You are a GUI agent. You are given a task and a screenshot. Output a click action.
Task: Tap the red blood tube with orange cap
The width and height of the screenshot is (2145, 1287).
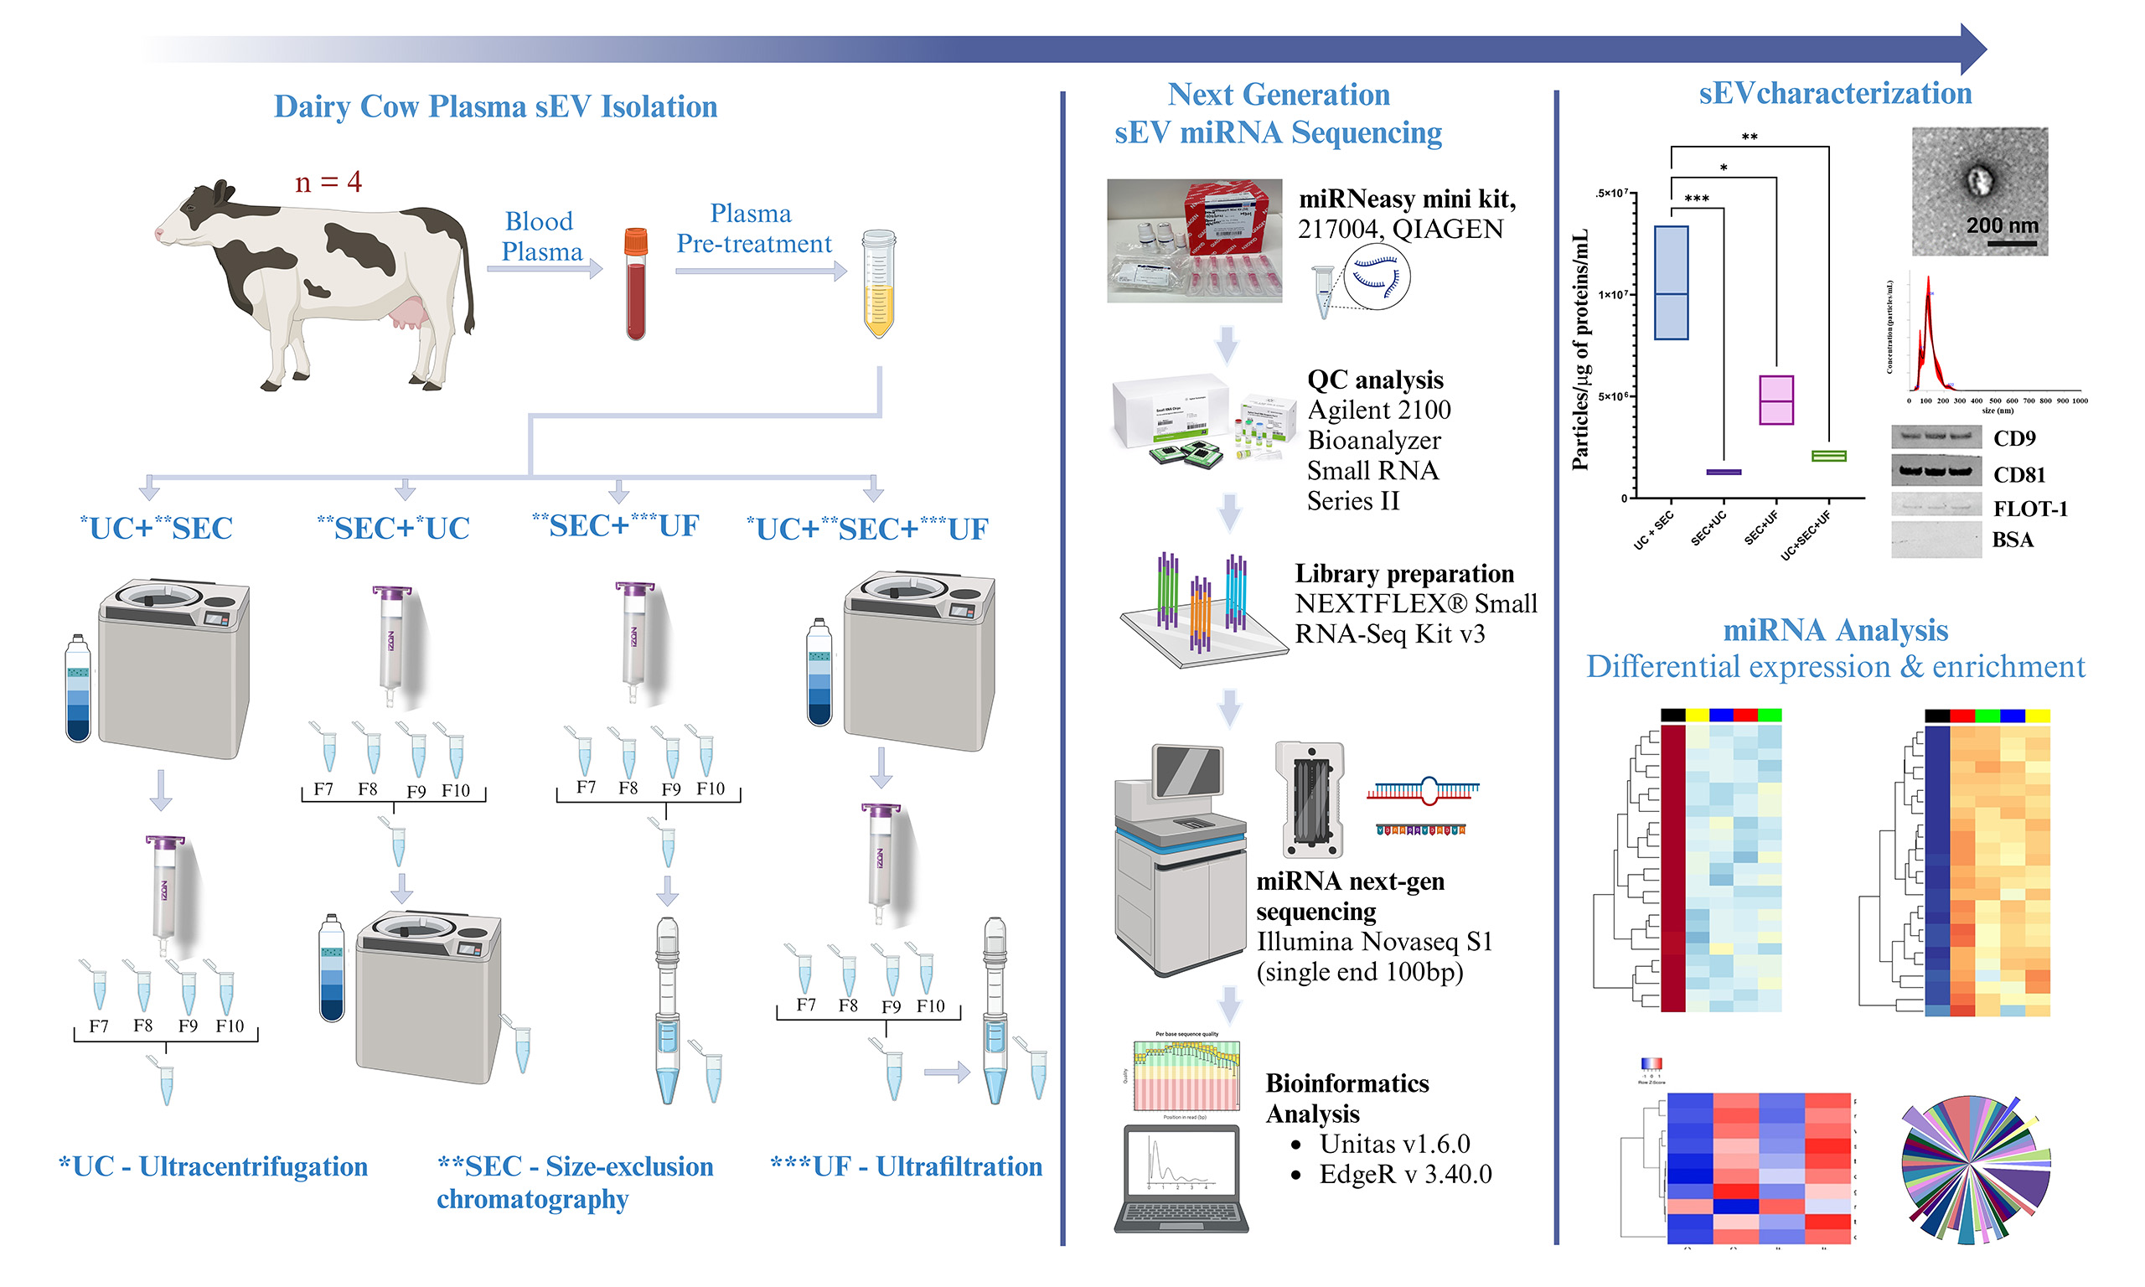click(x=635, y=287)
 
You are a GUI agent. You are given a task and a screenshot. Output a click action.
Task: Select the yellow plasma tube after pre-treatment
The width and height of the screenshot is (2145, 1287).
click(x=878, y=287)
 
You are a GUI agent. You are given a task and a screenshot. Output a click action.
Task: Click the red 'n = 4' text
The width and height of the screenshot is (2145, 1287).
click(x=328, y=182)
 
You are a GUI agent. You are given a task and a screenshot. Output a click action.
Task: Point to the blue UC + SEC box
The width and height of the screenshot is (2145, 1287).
click(x=1670, y=282)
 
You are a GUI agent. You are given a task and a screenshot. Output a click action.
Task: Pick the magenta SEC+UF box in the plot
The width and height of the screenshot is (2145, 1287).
click(x=1775, y=400)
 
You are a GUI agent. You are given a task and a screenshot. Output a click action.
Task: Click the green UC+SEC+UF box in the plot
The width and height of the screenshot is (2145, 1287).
click(x=1827, y=456)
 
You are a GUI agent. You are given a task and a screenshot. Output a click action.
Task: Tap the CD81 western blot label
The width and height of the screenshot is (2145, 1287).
click(x=2018, y=474)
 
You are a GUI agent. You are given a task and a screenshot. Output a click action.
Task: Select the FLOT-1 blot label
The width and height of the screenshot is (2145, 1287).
click(x=2029, y=509)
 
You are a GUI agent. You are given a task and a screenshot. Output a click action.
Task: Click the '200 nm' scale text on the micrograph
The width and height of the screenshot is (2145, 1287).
click(x=2001, y=225)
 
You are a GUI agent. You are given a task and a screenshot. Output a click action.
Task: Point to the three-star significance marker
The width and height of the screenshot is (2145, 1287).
click(x=1696, y=199)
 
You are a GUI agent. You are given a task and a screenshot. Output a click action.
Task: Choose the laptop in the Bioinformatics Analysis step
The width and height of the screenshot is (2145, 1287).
click(x=1181, y=1180)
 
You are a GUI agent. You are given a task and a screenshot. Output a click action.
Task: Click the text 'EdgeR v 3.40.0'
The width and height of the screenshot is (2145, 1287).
click(x=1404, y=1174)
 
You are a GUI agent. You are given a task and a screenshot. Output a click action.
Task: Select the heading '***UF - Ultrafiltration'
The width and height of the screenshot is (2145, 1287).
click(x=905, y=1166)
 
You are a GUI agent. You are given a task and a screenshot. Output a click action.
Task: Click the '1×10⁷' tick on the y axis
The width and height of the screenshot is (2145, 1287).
click(x=1613, y=295)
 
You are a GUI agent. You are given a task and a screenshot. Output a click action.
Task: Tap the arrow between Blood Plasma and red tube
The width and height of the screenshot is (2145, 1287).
click(x=545, y=270)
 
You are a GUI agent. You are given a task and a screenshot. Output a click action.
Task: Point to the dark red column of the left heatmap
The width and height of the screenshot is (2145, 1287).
click(x=1672, y=867)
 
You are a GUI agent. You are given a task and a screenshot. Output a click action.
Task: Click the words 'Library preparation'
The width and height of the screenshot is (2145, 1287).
click(x=1403, y=573)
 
